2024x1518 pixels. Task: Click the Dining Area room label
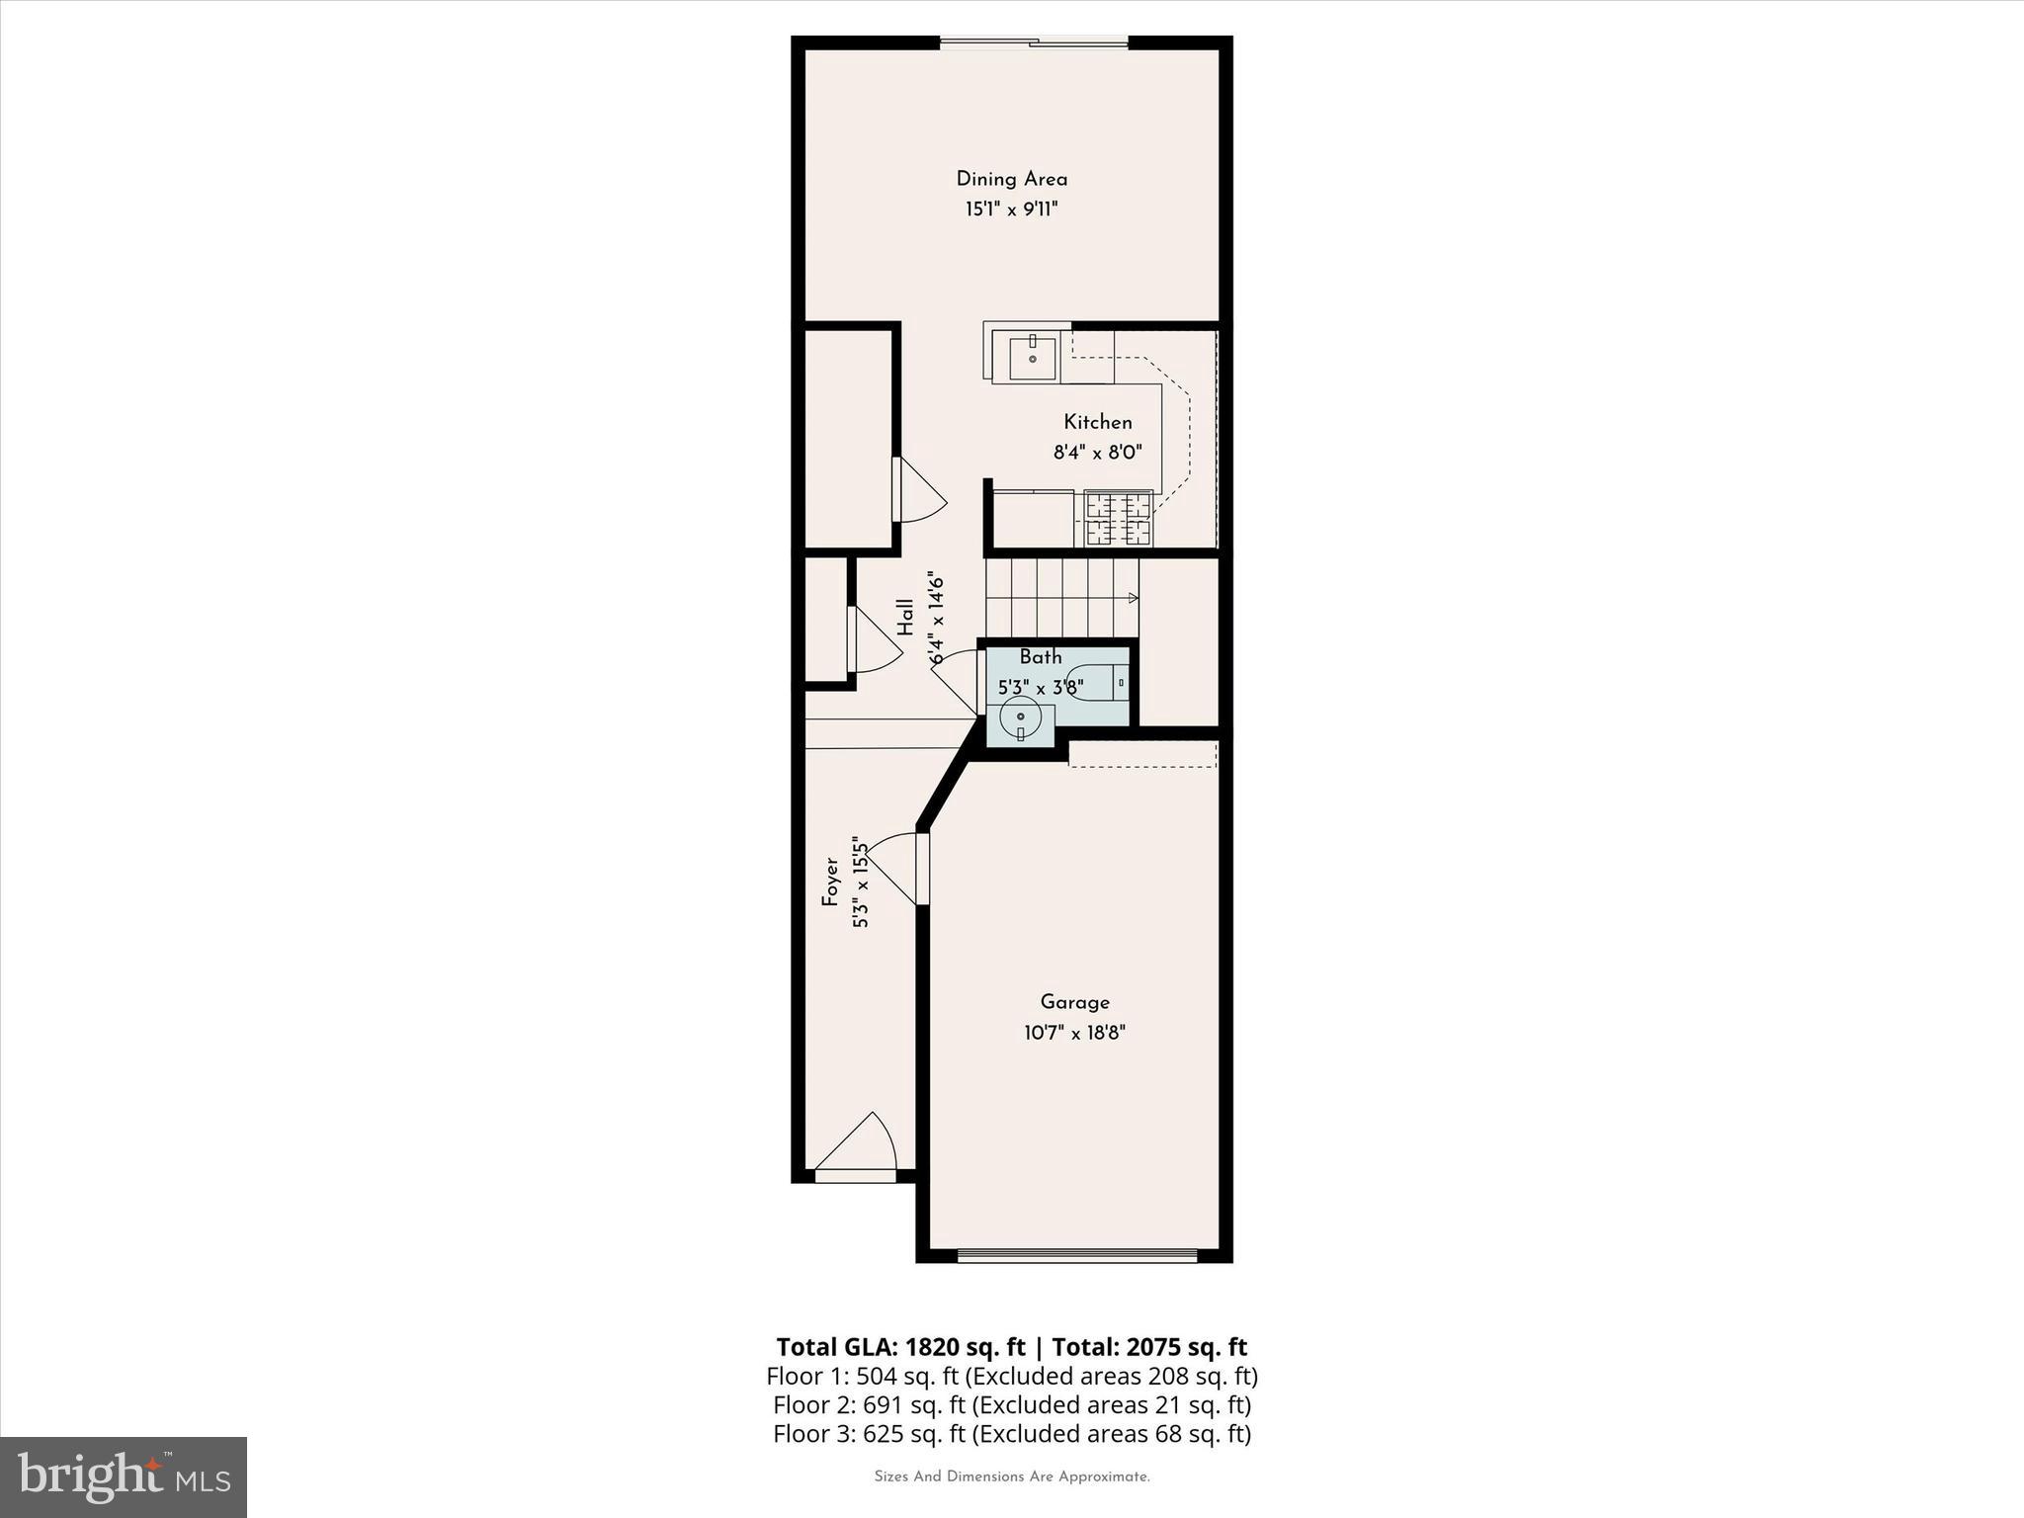(1011, 179)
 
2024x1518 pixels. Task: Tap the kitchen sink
(1032, 357)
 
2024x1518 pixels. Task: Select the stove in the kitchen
(1119, 519)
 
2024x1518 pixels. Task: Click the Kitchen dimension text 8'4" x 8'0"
(1097, 454)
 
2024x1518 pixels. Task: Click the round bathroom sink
(1020, 717)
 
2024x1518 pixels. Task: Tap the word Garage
(1074, 1002)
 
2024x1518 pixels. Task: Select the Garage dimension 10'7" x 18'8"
(1074, 1034)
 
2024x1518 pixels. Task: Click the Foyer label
(830, 882)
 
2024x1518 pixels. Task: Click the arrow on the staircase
(1133, 598)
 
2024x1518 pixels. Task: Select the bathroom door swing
(956, 680)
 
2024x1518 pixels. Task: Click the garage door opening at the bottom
(1077, 1256)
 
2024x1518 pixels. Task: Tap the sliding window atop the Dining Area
(1034, 42)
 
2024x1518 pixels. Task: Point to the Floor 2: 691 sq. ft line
(1011, 1404)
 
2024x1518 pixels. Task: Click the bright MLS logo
(124, 1476)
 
